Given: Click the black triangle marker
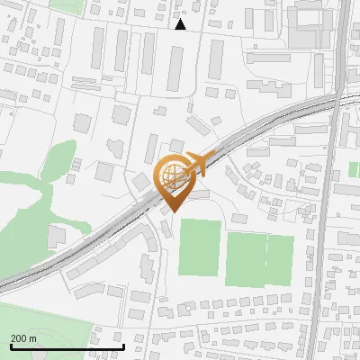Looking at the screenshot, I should point(180,24).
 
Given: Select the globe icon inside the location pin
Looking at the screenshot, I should point(173,176).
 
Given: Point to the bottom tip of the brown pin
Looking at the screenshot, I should point(173,211).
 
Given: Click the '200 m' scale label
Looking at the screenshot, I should point(23,338).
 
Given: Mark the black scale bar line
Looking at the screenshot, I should point(67,346).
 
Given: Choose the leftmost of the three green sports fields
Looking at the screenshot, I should point(199,247).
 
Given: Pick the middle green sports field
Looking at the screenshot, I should point(245,258).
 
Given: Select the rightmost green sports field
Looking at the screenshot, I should point(280,258).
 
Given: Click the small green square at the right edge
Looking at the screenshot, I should point(354,168).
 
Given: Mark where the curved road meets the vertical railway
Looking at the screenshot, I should point(337,92).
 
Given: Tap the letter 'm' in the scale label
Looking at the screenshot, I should point(32,338).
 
